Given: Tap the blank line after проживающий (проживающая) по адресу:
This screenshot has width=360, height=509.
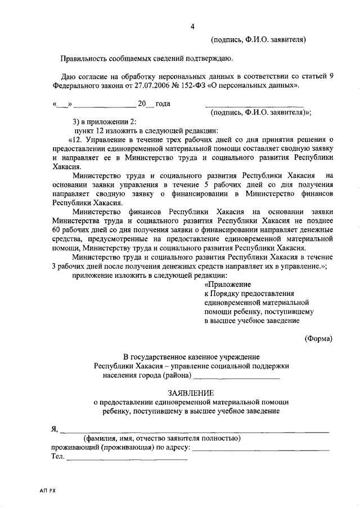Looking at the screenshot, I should pyautogui.click(x=261, y=448).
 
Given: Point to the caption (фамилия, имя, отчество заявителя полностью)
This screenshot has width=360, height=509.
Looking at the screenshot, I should pyautogui.click(x=162, y=438).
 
